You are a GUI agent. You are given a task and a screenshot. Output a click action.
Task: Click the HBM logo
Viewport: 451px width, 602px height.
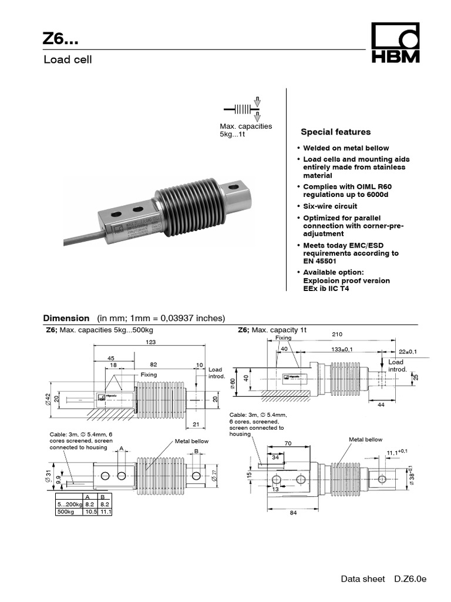[395, 44]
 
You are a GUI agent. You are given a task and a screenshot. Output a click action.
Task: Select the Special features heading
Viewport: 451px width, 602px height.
[335, 132]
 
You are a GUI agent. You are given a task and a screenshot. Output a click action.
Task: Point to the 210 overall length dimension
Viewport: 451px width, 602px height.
[337, 335]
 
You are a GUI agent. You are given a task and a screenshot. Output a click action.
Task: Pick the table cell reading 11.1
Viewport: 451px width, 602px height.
[106, 512]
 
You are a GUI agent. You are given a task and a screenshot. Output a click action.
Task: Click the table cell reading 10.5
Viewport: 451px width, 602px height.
[90, 512]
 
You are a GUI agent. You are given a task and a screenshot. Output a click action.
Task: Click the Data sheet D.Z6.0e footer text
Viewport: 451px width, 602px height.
[383, 579]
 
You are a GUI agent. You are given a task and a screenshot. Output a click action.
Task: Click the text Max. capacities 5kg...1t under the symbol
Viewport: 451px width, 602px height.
[245, 130]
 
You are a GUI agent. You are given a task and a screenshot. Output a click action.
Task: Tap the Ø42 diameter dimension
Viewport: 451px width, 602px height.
[46, 400]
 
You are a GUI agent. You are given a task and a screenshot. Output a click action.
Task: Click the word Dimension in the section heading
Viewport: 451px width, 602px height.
[68, 317]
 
